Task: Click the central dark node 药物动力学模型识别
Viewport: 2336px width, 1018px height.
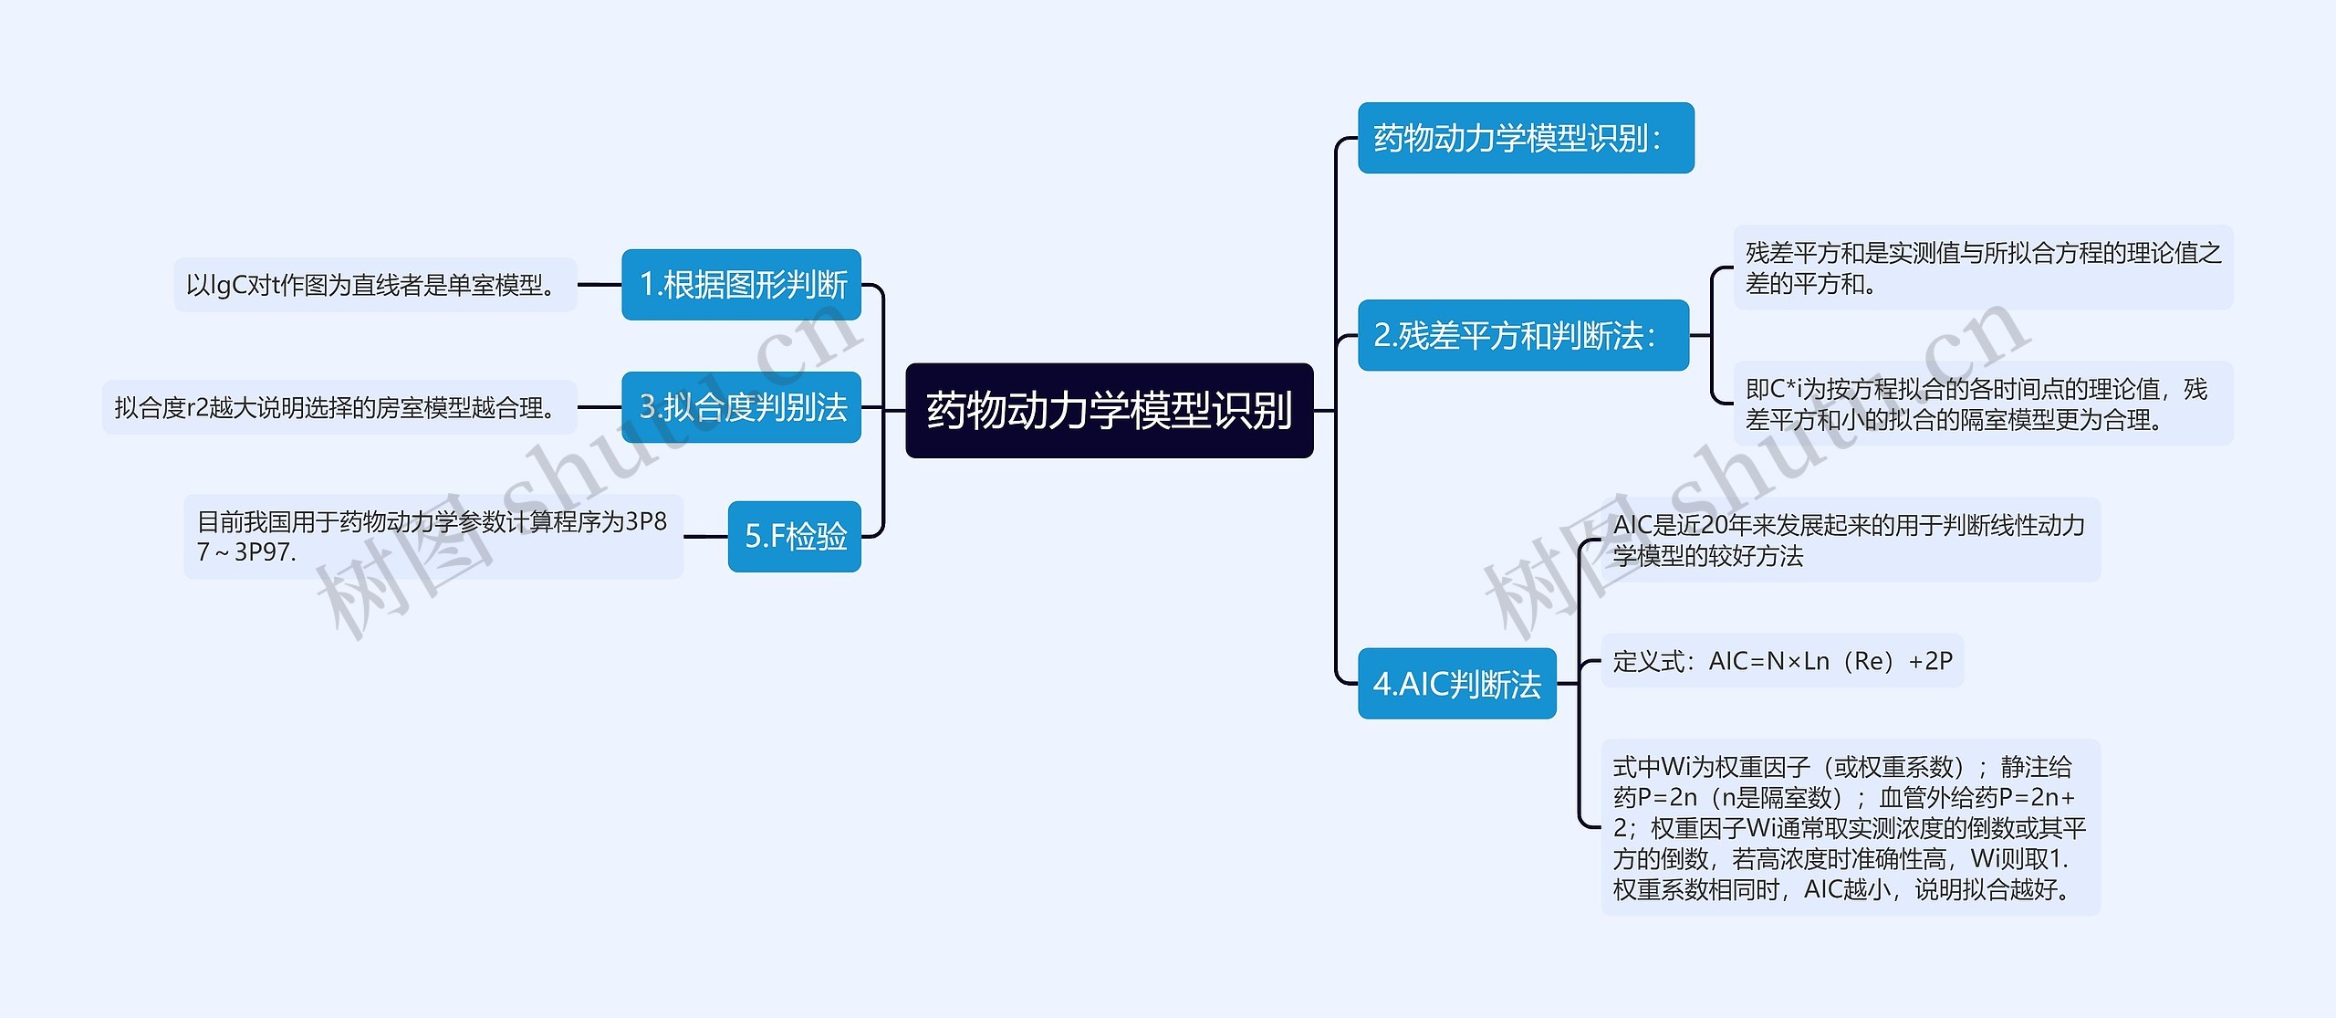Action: tap(1109, 410)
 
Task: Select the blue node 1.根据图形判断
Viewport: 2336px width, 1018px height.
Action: tap(741, 285)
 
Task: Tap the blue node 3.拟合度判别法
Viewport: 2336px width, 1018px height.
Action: tap(741, 407)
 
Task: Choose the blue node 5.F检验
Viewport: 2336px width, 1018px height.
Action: tap(794, 536)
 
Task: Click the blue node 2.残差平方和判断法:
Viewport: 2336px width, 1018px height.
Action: tap(1523, 335)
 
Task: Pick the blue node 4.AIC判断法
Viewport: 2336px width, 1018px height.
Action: tap(1456, 683)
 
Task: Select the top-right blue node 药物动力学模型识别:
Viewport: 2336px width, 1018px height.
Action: tap(1525, 138)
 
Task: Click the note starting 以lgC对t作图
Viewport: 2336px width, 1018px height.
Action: tap(375, 285)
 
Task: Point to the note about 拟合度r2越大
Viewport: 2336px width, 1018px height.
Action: tap(339, 407)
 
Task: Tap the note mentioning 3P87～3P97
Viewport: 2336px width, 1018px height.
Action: tap(433, 536)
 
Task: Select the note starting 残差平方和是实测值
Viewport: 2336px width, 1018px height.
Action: tap(1982, 268)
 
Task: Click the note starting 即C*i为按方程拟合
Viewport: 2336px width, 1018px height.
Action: tap(1982, 404)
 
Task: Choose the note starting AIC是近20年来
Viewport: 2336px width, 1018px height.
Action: tap(1850, 540)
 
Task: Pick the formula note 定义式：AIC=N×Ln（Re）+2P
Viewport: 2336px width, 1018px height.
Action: tap(1781, 660)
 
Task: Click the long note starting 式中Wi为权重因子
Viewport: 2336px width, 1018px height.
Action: tap(1850, 826)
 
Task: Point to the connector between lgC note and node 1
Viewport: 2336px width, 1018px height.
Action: tap(600, 285)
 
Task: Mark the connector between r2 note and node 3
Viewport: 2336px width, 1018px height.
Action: tap(600, 407)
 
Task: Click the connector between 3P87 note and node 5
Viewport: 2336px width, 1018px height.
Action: tap(705, 536)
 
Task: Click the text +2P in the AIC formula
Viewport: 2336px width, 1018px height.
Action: tap(1930, 660)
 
